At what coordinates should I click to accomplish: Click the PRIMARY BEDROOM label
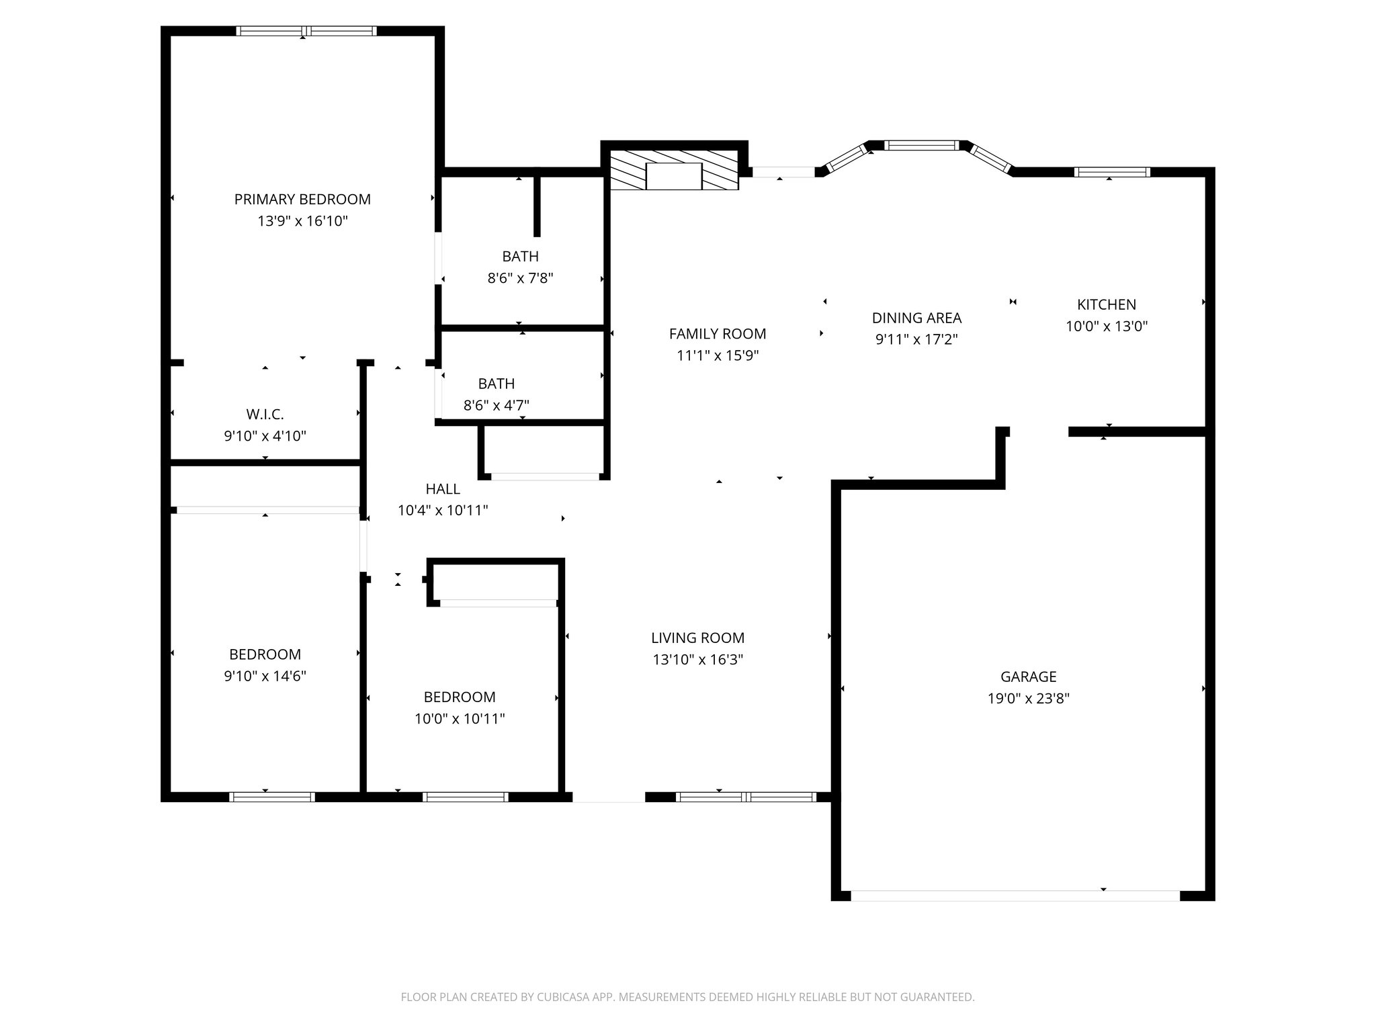[x=302, y=199]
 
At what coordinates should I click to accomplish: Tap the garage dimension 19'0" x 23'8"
[x=1028, y=698]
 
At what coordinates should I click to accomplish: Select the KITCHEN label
[x=1106, y=304]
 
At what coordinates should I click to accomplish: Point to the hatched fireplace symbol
[x=674, y=176]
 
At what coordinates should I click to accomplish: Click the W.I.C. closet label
[x=265, y=415]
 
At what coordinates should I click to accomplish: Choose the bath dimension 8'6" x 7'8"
[x=520, y=278]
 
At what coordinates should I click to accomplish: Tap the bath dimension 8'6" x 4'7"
[x=496, y=405]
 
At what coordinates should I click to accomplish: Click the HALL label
[x=443, y=489]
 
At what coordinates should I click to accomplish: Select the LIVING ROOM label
[x=697, y=638]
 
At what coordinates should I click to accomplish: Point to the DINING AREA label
[x=916, y=318]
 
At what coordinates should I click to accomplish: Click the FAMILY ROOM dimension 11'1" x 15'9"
[x=718, y=355]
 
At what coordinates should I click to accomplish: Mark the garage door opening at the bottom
[x=1015, y=895]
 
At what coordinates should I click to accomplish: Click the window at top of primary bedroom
[x=306, y=31]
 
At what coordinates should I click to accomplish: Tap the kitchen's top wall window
[x=1112, y=172]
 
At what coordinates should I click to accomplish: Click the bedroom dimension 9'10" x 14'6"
[x=265, y=676]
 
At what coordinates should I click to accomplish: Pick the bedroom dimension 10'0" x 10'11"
[x=460, y=719]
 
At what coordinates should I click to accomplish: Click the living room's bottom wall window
[x=746, y=797]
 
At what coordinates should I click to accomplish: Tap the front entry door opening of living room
[x=609, y=797]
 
